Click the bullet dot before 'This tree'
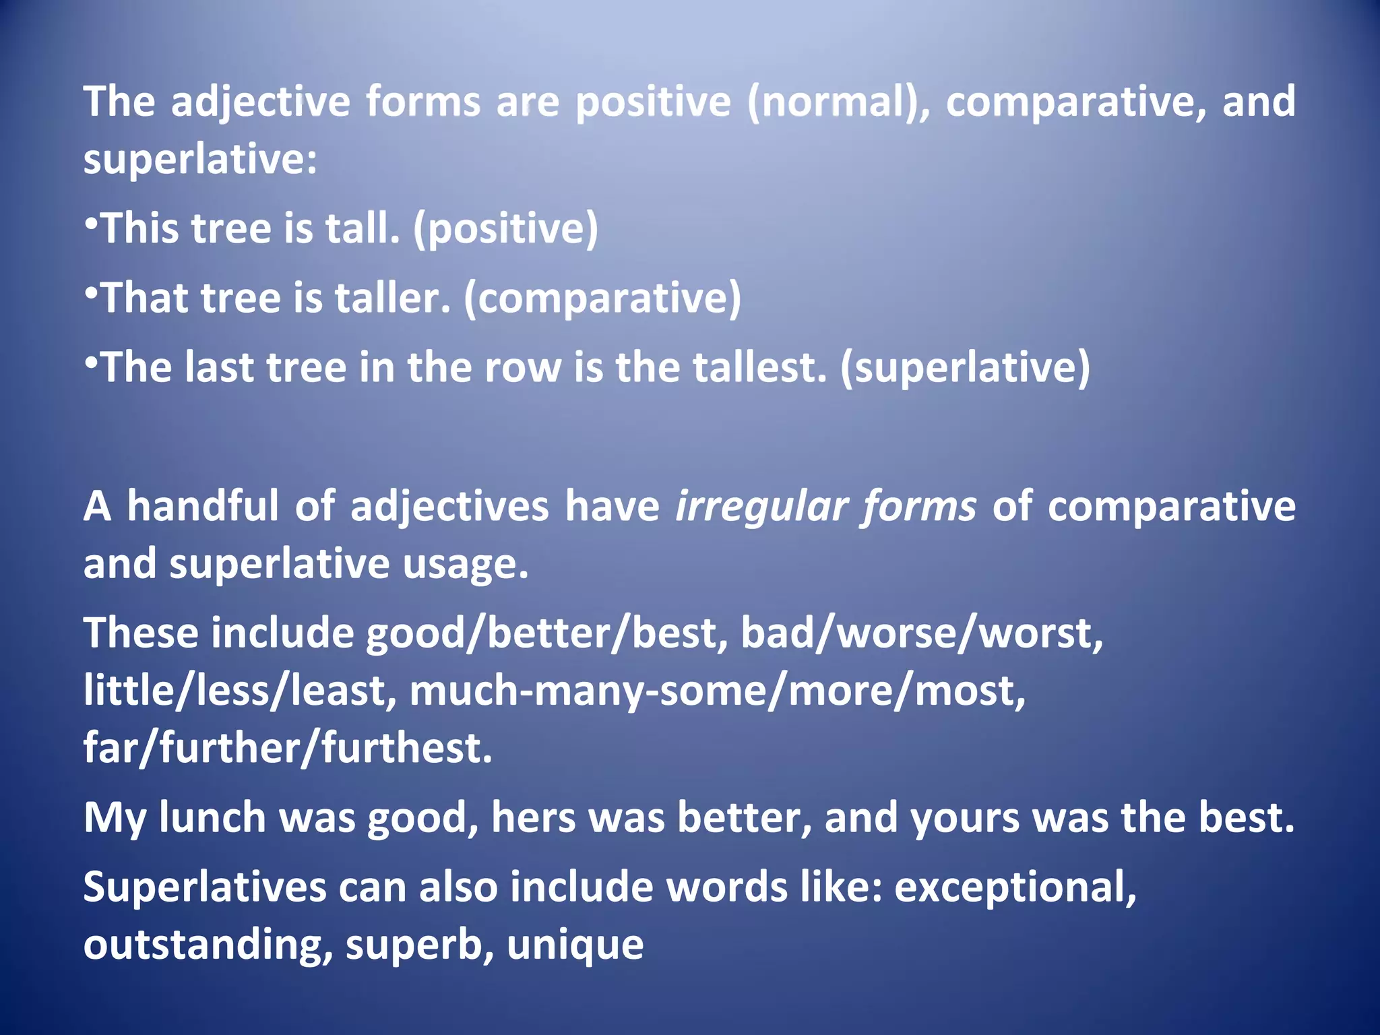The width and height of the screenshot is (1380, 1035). point(92,222)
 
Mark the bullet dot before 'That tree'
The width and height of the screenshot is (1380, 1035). point(92,291)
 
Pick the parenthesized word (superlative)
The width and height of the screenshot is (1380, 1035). point(965,369)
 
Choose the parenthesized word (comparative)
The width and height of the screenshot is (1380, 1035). point(602,299)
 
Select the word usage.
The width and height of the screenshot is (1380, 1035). point(466,564)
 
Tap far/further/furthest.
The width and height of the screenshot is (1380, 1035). point(288,749)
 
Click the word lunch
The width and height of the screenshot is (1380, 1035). point(212,818)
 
